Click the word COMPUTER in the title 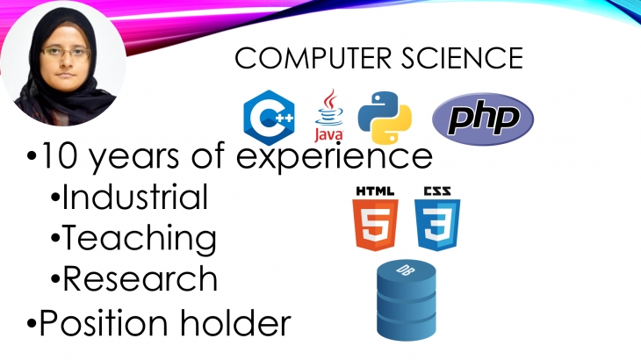coord(313,58)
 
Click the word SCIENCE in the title coord(462,58)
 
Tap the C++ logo coord(269,118)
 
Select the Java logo coord(329,116)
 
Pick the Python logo coord(385,118)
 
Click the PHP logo coord(483,119)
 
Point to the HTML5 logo coord(375,219)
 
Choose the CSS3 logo coord(437,219)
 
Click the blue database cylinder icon coord(407,299)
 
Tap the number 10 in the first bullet coord(59,155)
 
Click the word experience coord(335,157)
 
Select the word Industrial coord(135,197)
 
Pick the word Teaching coord(140,238)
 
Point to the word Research coord(140,278)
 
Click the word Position coord(104,322)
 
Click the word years coord(133,159)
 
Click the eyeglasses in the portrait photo coord(65,53)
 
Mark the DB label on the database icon coord(403,270)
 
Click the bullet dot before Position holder coord(32,324)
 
